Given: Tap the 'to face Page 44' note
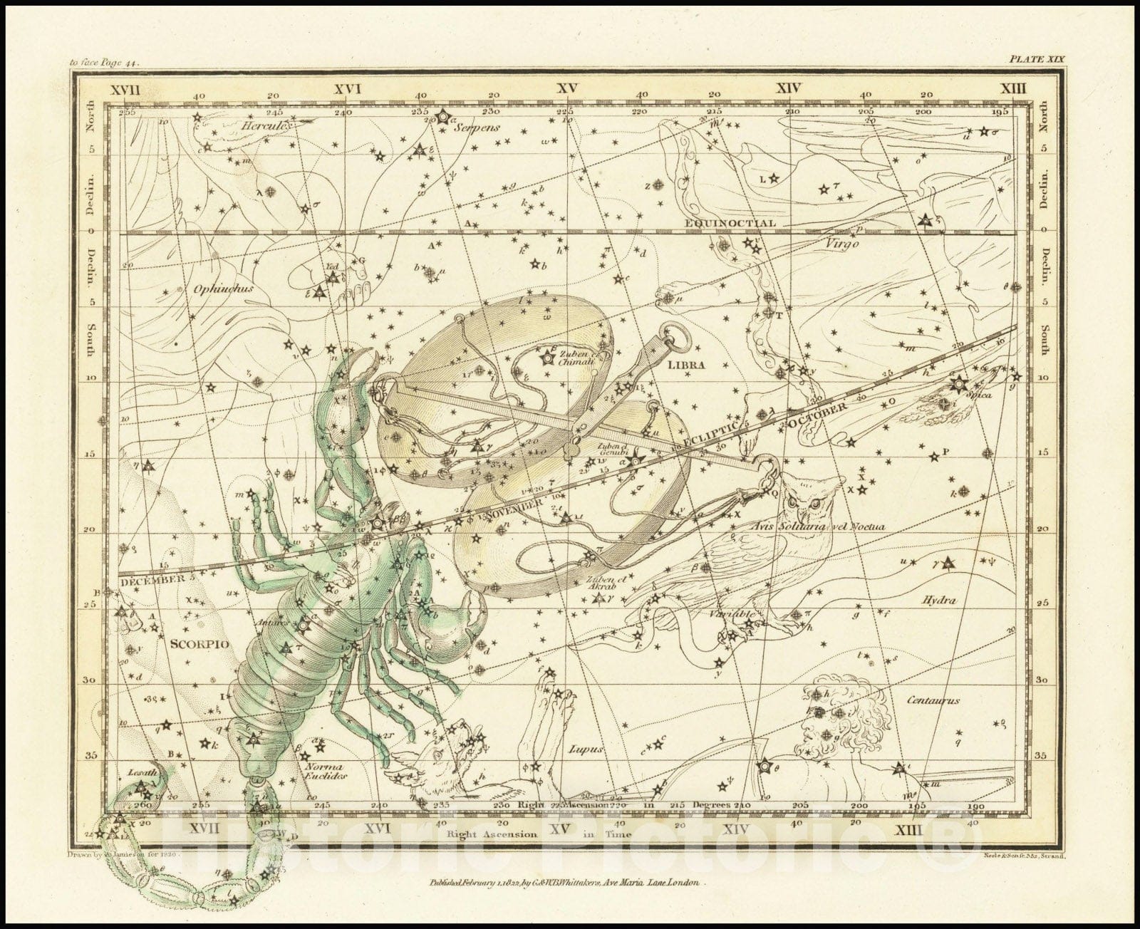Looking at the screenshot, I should click(105, 63).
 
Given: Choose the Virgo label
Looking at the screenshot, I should click(841, 243).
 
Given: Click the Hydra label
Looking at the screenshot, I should click(938, 601).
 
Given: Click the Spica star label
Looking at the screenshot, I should click(980, 395).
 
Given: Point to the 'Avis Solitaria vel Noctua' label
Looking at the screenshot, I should click(818, 527).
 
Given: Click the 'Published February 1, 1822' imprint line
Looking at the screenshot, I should click(566, 881).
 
